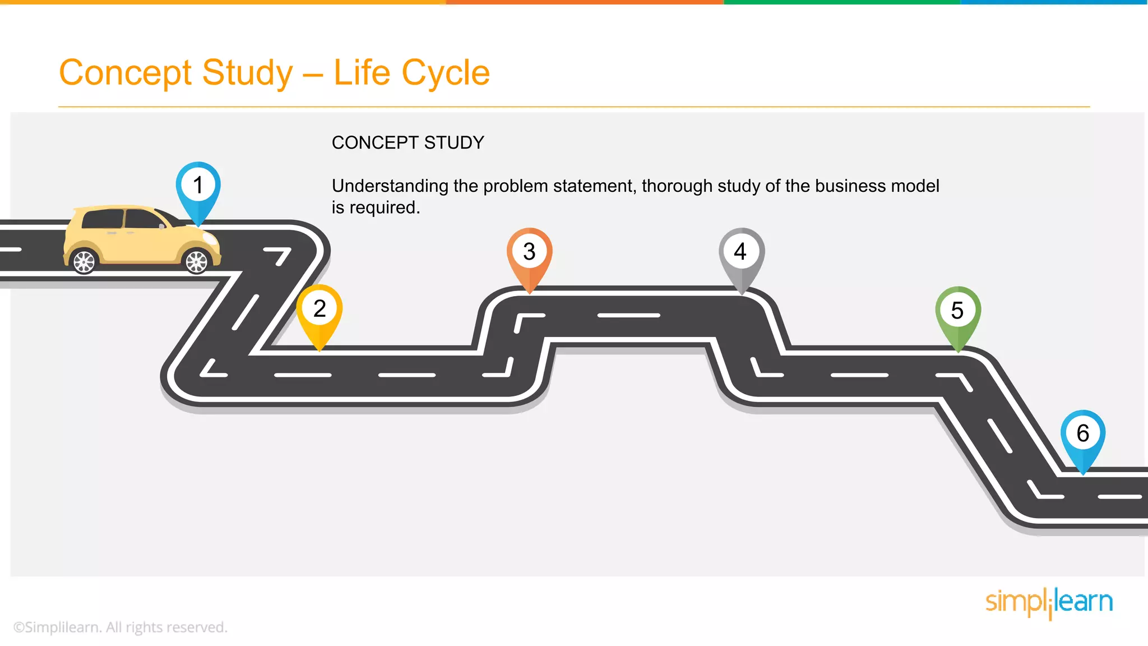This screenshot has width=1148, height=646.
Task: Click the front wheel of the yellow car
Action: (x=197, y=261)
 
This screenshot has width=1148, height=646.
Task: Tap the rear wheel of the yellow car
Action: (x=85, y=261)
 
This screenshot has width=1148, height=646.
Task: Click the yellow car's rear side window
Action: (x=103, y=219)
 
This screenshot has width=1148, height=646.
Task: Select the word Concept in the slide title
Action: (x=126, y=73)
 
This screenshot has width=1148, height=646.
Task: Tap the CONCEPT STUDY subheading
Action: (x=408, y=143)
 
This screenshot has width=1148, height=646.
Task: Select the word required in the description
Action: (x=385, y=208)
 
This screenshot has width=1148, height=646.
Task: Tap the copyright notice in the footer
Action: (x=120, y=627)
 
